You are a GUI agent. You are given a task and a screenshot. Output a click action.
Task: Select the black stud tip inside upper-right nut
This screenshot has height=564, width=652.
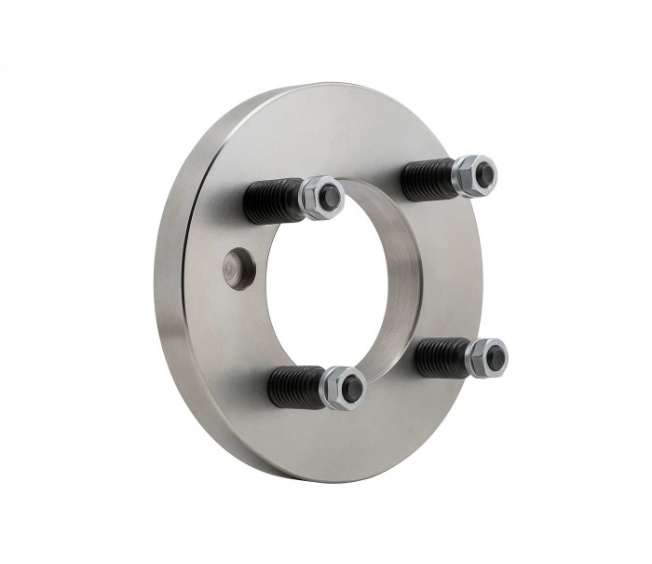point(484,171)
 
